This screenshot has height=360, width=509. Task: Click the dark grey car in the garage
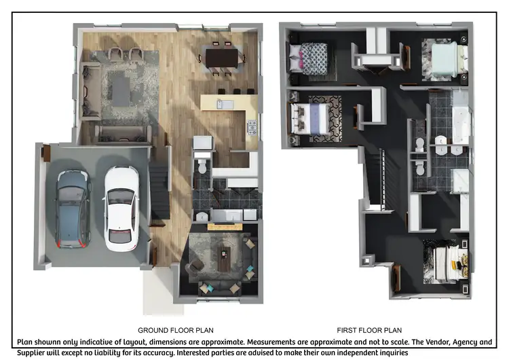pyautogui.click(x=73, y=209)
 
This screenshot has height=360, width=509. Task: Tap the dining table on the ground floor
pyautogui.click(x=221, y=58)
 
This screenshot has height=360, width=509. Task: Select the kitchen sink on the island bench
pyautogui.click(x=225, y=105)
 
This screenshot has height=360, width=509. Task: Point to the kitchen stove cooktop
pyautogui.click(x=252, y=127)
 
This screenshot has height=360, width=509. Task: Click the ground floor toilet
pyautogui.click(x=203, y=167)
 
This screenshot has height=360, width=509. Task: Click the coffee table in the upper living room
pyautogui.click(x=121, y=90)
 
